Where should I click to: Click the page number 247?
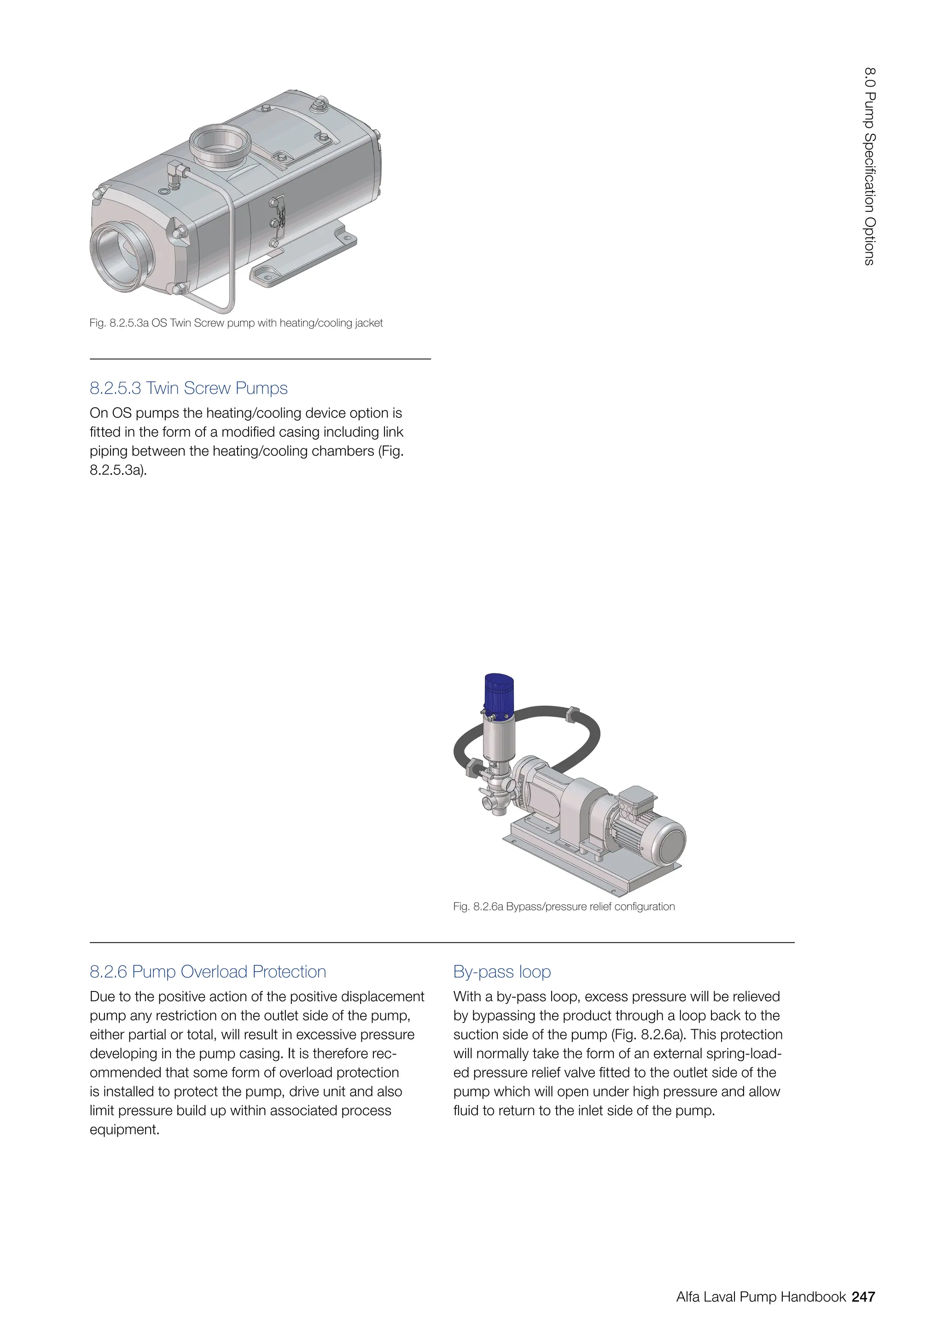863,1297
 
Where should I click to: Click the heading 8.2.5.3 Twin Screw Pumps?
188,388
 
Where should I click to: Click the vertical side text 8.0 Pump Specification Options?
869,167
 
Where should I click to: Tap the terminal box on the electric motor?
636,801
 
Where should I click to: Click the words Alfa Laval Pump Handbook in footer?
760,1297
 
